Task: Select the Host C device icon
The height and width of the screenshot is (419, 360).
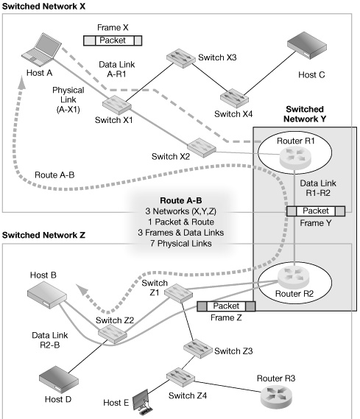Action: [307, 46]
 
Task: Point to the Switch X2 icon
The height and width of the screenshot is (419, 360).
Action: [200, 147]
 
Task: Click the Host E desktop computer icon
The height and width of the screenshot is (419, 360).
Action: [138, 401]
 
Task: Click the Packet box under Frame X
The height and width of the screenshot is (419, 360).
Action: [113, 41]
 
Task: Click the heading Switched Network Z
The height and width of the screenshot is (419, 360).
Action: [44, 235]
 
